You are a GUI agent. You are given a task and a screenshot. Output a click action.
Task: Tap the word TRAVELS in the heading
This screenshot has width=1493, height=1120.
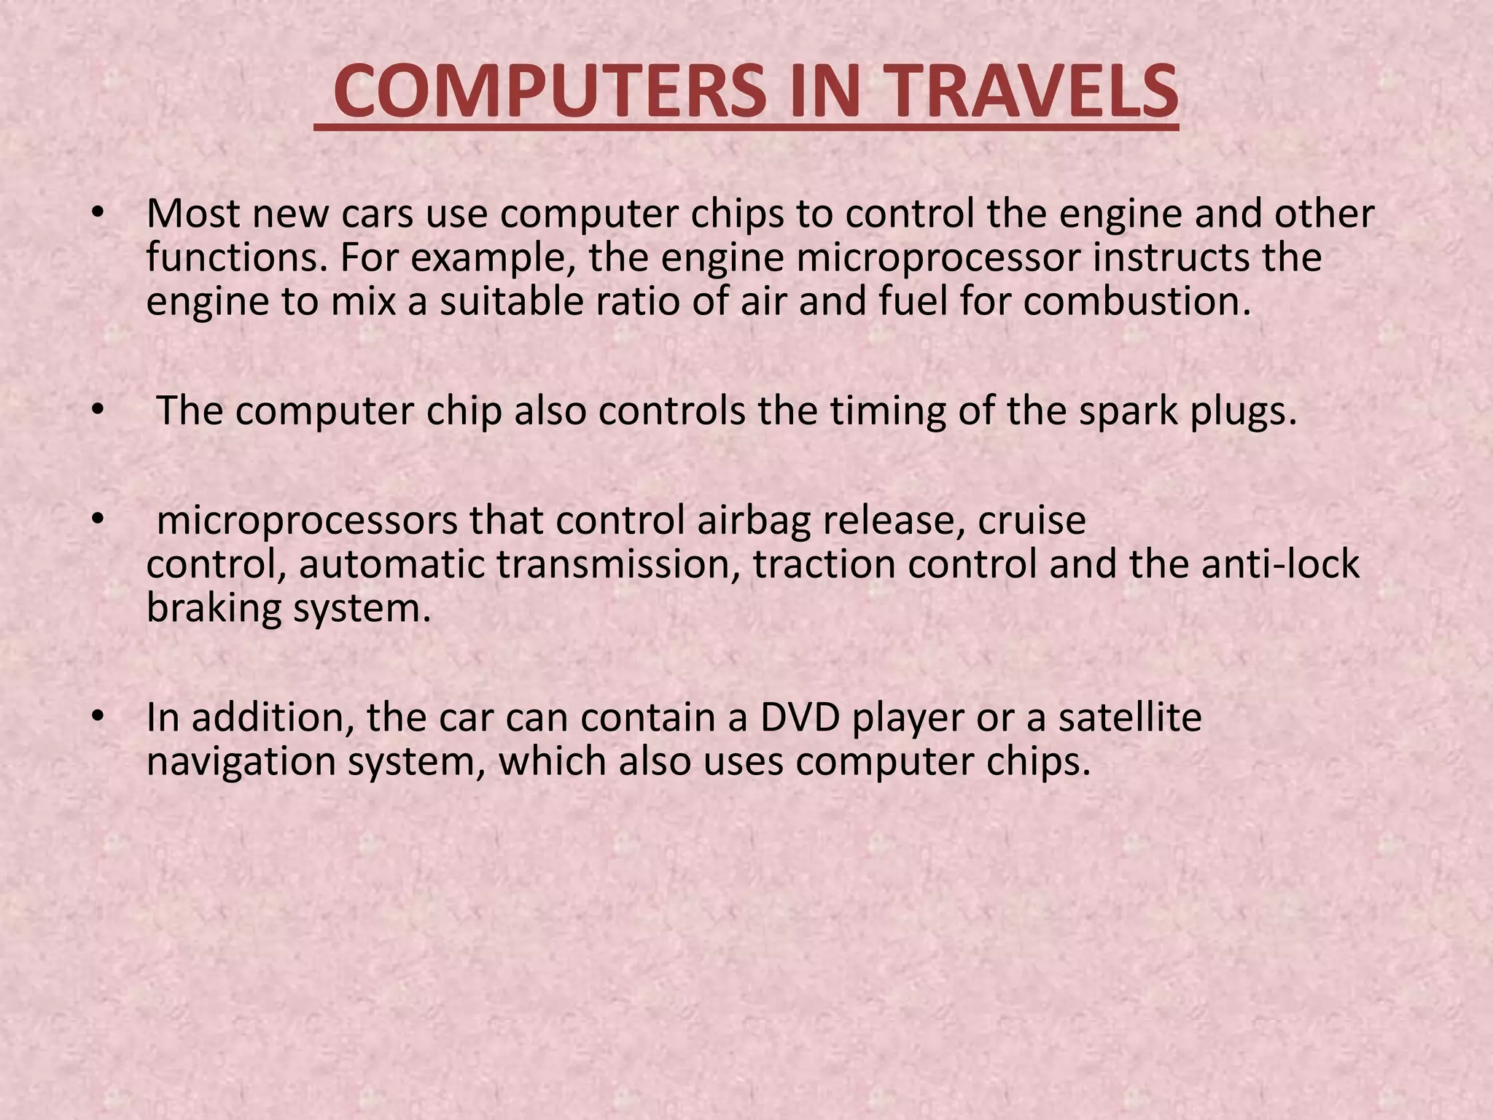[1032, 92]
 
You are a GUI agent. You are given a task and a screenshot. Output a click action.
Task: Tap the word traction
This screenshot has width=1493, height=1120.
[824, 565]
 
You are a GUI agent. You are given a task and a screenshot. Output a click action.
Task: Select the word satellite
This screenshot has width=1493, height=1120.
[1130, 717]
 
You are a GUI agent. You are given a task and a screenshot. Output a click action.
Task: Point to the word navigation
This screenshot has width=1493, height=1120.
[241, 763]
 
